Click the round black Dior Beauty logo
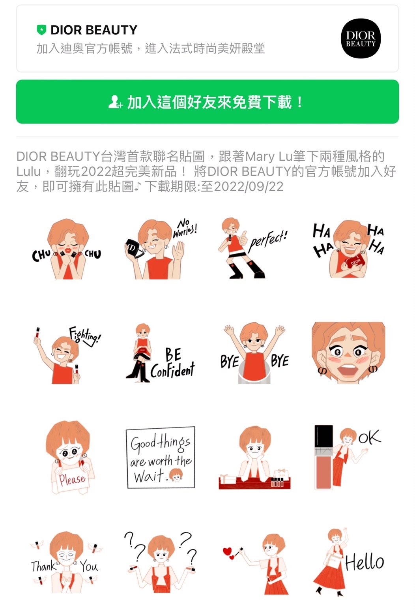click(x=361, y=39)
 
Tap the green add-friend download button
click(x=207, y=102)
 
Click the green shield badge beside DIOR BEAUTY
click(x=41, y=30)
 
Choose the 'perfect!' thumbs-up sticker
click(x=252, y=249)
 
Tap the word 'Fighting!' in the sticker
click(x=85, y=336)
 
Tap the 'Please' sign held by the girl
click(x=73, y=479)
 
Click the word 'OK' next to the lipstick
click(x=369, y=437)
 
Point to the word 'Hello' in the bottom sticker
click(x=365, y=562)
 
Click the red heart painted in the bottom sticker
click(x=228, y=552)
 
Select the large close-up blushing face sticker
click(x=348, y=352)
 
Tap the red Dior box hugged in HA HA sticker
click(x=355, y=262)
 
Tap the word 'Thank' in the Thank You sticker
click(x=43, y=566)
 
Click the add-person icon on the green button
click(x=115, y=102)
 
